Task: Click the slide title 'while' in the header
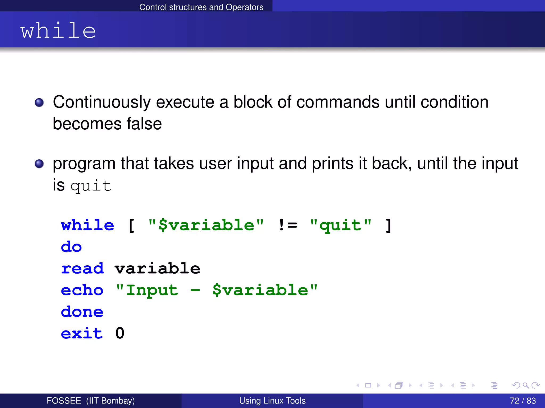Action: click(58, 31)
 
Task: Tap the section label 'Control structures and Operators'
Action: click(201, 7)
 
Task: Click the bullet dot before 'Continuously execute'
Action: click(39, 103)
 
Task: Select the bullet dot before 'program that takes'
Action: click(39, 164)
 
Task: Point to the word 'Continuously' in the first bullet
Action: click(102, 103)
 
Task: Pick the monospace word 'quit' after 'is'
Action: click(91, 186)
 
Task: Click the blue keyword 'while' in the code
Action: click(88, 225)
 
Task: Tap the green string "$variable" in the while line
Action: click(206, 225)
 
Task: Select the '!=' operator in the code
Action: click(288, 225)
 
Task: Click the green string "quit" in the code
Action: click(341, 225)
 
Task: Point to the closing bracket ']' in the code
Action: click(389, 225)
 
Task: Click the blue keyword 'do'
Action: click(71, 247)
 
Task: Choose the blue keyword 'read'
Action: click(82, 269)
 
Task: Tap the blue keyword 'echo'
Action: click(82, 290)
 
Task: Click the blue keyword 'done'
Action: click(82, 312)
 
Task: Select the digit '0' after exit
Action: click(120, 333)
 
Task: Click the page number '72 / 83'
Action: click(523, 401)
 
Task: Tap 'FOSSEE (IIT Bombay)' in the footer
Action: click(91, 401)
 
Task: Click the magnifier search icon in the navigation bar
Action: click(526, 385)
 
